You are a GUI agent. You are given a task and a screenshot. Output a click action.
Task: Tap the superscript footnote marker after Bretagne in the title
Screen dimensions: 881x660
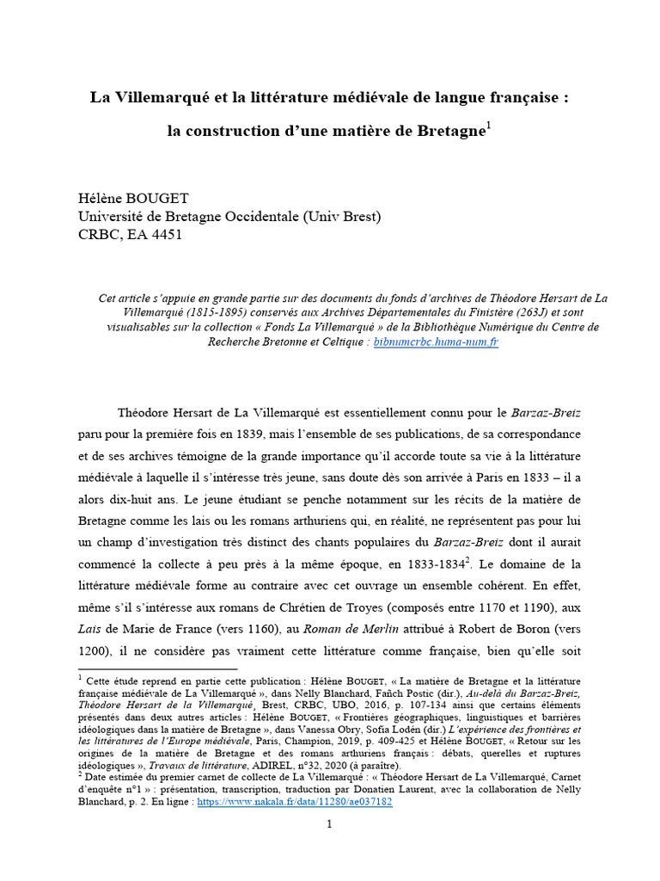[488, 127]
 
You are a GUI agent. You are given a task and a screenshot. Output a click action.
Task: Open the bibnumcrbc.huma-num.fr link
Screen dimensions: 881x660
[437, 342]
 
